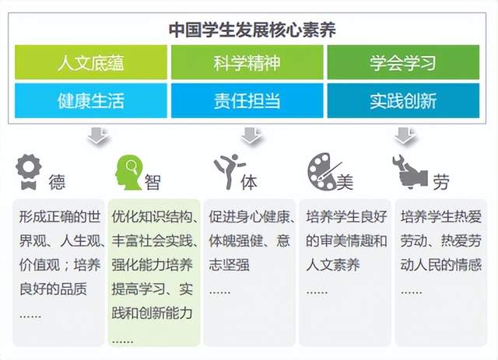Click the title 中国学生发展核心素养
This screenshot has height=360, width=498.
tap(252, 30)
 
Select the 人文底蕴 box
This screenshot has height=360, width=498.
tap(91, 62)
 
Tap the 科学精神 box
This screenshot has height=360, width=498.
tap(247, 62)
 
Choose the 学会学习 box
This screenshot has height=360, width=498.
tap(403, 62)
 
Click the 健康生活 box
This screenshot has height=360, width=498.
tap(91, 100)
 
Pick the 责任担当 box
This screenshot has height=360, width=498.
tap(247, 100)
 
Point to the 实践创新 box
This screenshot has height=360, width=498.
tap(403, 100)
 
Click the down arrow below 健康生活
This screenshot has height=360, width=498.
tap(99, 136)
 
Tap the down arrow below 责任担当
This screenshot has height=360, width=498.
tap(251, 136)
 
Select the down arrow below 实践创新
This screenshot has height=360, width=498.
tap(405, 136)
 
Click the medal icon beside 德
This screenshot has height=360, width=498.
tap(29, 172)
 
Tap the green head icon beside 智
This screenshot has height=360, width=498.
tap(128, 173)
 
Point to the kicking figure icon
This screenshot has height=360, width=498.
tap(230, 171)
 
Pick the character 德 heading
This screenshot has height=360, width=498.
tap(57, 182)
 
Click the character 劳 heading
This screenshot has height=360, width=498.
tap(441, 182)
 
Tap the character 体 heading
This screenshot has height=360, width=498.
tap(249, 182)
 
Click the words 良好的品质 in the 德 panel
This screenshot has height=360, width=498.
tap(53, 289)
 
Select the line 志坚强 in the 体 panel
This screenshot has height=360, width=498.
tap(230, 265)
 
